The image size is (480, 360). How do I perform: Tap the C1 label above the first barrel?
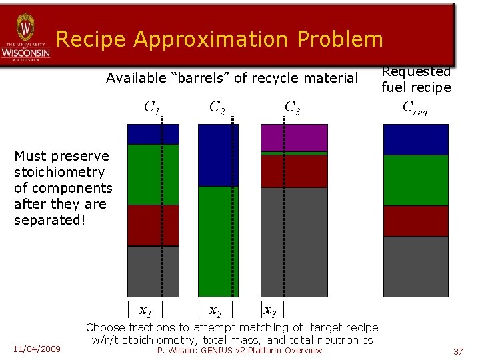152,107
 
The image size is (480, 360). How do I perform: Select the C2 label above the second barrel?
217,107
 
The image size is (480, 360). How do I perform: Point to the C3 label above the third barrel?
293,107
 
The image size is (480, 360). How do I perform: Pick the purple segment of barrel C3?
294,138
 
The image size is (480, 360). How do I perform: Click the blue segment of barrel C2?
218,155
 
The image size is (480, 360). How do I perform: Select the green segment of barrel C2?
218,240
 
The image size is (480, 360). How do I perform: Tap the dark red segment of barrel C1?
153,225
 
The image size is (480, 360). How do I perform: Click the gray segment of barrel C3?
294,241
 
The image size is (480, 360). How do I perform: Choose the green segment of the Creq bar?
415,180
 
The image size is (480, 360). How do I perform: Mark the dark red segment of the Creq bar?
415,221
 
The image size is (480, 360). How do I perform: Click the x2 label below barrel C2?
215,311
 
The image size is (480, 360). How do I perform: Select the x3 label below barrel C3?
271,311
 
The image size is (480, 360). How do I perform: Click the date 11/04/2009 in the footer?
37,349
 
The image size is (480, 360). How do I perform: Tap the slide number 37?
457,351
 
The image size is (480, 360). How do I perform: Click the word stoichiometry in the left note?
59,172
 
